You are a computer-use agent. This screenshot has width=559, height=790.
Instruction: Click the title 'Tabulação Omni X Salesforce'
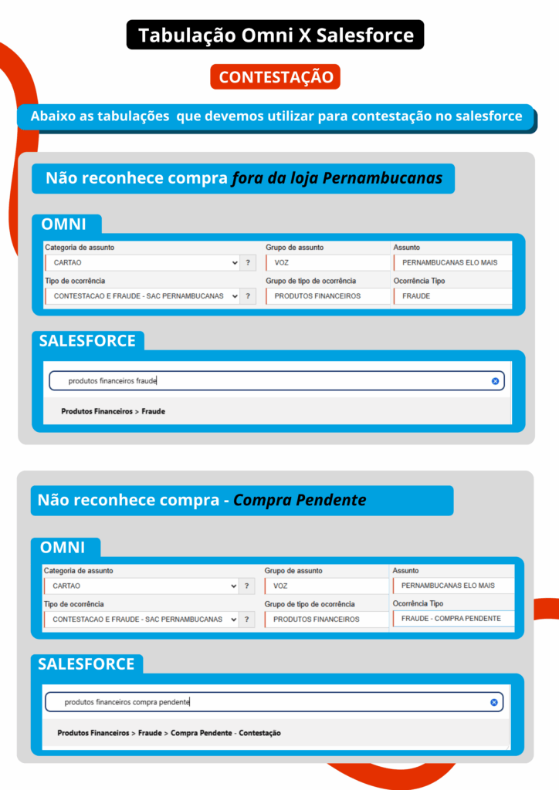(276, 35)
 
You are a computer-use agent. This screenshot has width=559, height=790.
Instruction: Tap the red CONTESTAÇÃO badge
(276, 77)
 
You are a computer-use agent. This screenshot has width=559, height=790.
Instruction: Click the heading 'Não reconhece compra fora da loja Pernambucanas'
(243, 178)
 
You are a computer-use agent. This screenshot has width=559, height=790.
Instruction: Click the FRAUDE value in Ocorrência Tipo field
(452, 296)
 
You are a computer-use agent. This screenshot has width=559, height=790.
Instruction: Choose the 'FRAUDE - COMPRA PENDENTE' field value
(452, 619)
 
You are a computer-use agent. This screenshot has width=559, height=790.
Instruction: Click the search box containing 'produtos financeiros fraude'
(270, 381)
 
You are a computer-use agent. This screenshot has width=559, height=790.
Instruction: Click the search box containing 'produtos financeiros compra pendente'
(270, 702)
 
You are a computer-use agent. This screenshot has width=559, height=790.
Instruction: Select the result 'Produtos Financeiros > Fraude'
(113, 411)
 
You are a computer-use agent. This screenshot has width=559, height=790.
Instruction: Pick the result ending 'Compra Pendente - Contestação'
(169, 732)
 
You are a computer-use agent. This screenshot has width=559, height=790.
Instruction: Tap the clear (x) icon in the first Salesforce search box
(495, 381)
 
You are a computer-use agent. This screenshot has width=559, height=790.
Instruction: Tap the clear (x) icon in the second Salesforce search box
(494, 702)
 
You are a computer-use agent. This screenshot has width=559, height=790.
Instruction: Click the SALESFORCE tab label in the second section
(86, 663)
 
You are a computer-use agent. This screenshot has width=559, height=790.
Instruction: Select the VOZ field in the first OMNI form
(327, 263)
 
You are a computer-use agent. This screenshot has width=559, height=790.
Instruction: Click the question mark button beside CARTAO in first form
(248, 263)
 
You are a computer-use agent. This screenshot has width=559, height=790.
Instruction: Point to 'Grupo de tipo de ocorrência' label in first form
(310, 281)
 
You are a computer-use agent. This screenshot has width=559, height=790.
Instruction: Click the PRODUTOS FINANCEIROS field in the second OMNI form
(327, 619)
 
